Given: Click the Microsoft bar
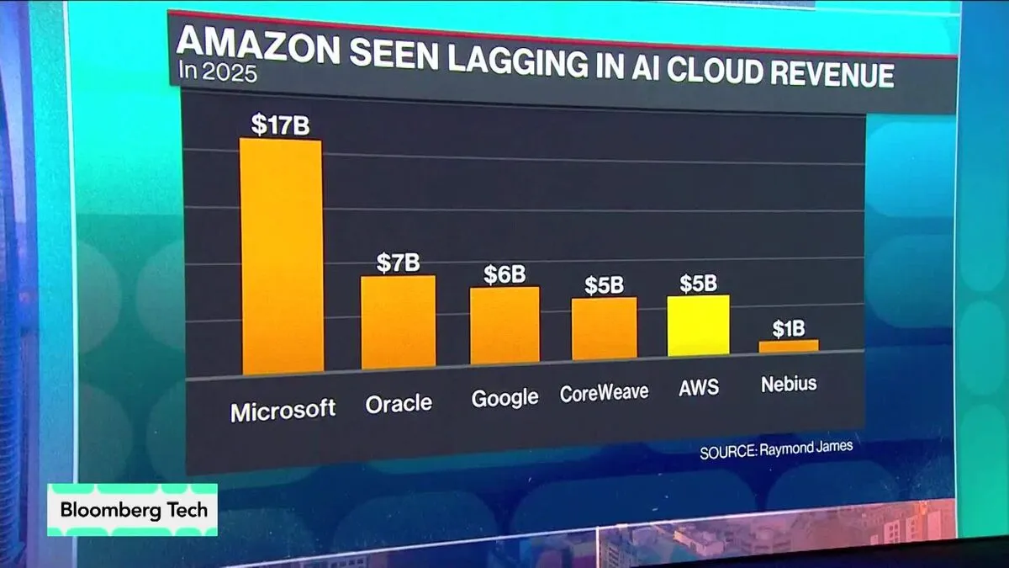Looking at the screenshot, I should (281, 257).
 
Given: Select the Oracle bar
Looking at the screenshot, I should (399, 322).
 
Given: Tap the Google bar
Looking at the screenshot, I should (504, 326).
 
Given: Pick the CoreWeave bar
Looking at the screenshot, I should (605, 329).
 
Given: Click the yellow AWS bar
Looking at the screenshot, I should (698, 326).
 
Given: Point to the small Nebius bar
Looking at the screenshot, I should (788, 346).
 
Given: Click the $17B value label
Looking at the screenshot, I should (280, 125).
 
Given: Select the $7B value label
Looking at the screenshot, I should (398, 263).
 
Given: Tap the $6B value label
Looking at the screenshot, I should (504, 273).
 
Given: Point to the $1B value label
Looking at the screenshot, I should (788, 327).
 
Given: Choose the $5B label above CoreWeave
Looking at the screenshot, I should (605, 284).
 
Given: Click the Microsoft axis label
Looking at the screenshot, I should (283, 411).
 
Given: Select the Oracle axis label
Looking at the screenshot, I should (399, 405).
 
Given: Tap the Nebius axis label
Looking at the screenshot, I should (788, 385).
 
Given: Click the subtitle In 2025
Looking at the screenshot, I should (218, 71).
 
